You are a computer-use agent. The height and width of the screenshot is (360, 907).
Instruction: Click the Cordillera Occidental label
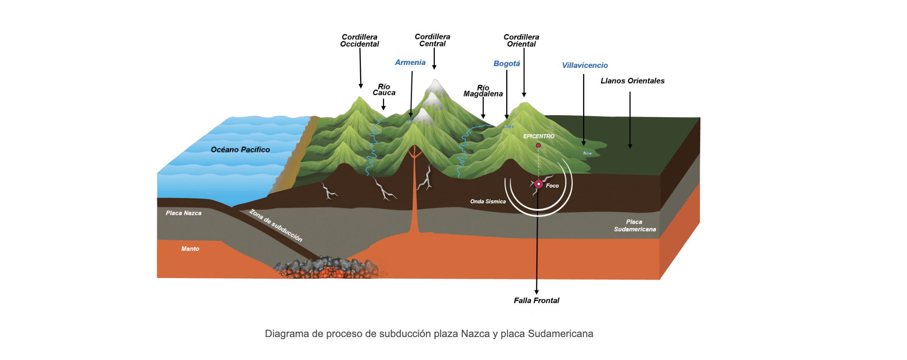[359, 41]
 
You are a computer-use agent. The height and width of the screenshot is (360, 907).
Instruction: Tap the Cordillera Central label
[432, 40]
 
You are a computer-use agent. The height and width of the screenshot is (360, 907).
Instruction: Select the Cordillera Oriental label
[521, 41]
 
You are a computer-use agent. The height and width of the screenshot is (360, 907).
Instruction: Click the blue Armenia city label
[410, 62]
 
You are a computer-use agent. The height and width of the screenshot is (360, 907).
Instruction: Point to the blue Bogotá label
[507, 64]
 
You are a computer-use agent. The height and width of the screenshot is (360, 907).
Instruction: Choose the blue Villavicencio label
[585, 65]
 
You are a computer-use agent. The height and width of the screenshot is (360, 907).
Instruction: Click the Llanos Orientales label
[632, 81]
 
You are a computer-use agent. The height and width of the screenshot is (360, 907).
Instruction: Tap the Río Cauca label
[384, 90]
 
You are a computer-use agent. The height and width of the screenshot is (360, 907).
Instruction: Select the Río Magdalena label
[483, 91]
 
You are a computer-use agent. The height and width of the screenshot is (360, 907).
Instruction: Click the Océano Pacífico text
[240, 149]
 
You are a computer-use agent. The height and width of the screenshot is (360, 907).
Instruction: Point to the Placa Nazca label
[183, 213]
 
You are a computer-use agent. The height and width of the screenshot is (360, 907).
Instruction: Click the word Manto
[190, 249]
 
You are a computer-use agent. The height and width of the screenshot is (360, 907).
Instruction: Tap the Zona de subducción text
[276, 225]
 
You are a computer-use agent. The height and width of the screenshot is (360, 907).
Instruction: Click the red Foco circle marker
[538, 184]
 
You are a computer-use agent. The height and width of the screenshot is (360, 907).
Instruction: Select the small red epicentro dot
[538, 146]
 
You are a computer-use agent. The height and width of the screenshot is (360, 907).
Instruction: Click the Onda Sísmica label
[488, 202]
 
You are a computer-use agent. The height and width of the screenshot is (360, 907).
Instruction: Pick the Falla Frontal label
[536, 301]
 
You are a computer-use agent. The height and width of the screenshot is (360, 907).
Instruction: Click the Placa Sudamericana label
[634, 225]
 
